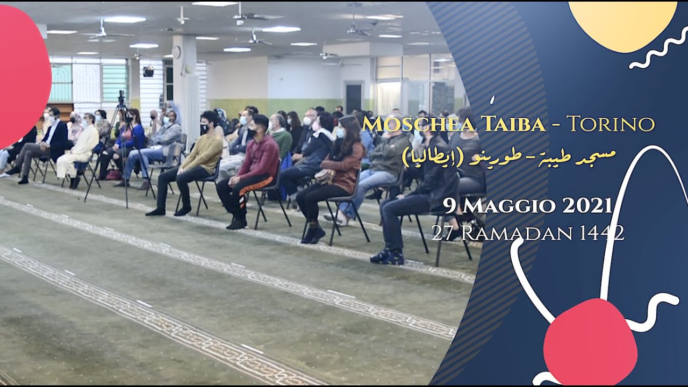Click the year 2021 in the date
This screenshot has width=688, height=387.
click(x=587, y=205)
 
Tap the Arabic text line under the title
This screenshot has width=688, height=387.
click(x=508, y=156)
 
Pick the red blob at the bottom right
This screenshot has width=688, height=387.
click(x=590, y=342)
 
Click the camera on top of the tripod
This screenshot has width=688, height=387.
click(x=121, y=97)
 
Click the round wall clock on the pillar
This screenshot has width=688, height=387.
click(x=176, y=52)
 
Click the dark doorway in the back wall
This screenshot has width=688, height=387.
click(x=354, y=98)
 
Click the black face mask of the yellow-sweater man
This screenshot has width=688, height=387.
click(x=204, y=129)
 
